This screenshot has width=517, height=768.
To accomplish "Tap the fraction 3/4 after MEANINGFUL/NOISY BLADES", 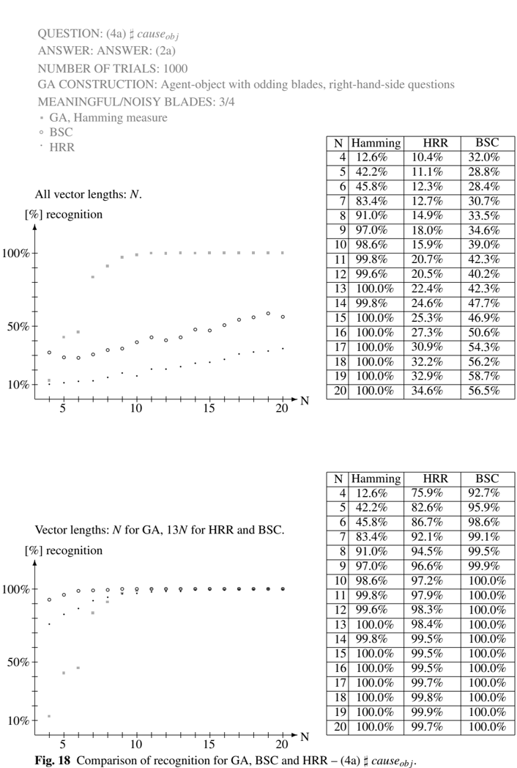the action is click(x=226, y=102).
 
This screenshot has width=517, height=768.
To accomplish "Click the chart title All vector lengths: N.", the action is click(x=88, y=194).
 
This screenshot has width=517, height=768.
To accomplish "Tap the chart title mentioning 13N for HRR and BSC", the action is click(x=160, y=530).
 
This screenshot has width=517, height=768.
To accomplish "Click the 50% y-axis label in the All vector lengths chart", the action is click(x=18, y=327).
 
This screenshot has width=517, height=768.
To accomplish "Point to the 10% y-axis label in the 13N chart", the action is click(x=18, y=721).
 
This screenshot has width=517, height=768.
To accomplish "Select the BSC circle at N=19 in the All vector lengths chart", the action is click(x=268, y=314).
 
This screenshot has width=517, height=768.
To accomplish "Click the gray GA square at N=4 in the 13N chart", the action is click(x=49, y=716).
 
